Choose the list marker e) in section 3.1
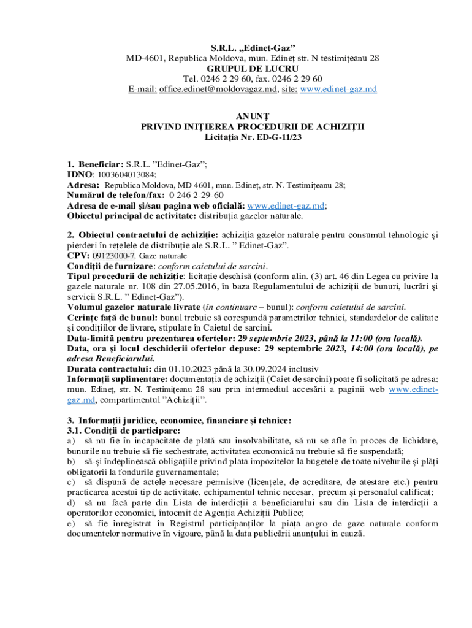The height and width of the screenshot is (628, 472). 71,524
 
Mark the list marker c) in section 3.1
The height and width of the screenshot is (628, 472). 71,482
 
